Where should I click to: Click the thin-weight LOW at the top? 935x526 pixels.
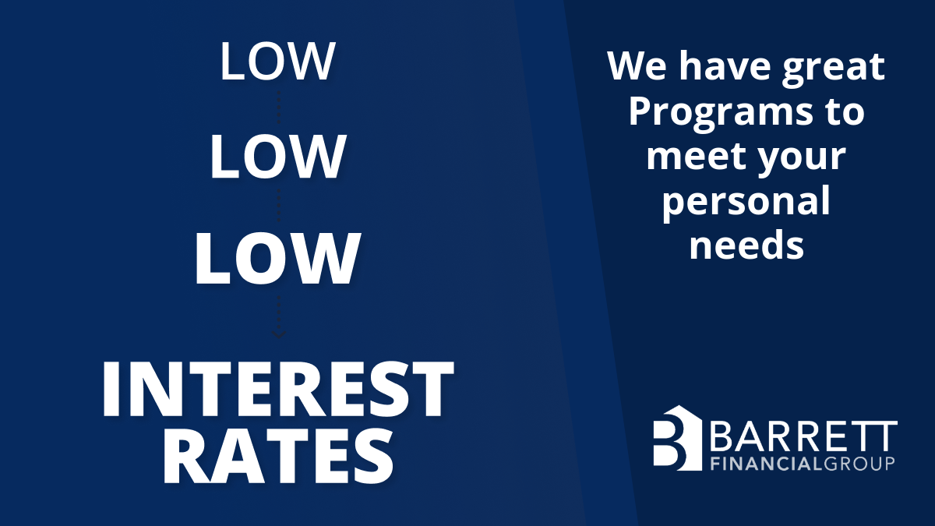tap(277, 62)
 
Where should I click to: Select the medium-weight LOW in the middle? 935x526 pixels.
tap(277, 157)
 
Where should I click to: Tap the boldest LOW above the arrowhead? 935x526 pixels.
tap(277, 259)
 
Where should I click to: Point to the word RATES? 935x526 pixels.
tap(278, 457)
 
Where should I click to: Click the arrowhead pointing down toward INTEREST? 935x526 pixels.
tap(279, 334)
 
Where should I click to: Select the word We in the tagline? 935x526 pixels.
tap(637, 66)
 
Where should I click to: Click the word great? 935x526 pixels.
tap(833, 68)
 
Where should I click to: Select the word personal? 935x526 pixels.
tap(746, 202)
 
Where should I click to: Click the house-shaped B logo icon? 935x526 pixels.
tap(677, 437)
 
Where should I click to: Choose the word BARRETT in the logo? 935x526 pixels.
tap(803, 436)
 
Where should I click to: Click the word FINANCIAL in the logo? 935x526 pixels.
tap(767, 464)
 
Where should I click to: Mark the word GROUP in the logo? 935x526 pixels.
tap(859, 464)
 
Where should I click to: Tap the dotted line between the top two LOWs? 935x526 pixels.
tap(279, 108)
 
